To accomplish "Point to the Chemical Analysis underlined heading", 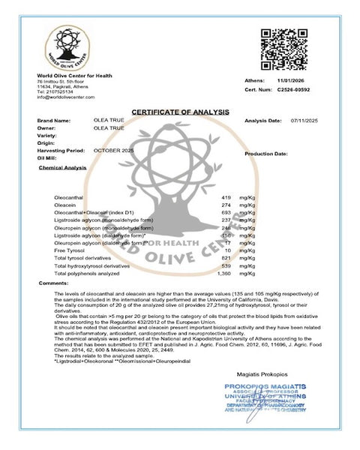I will (x=62, y=168).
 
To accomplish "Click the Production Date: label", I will (x=266, y=153).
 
